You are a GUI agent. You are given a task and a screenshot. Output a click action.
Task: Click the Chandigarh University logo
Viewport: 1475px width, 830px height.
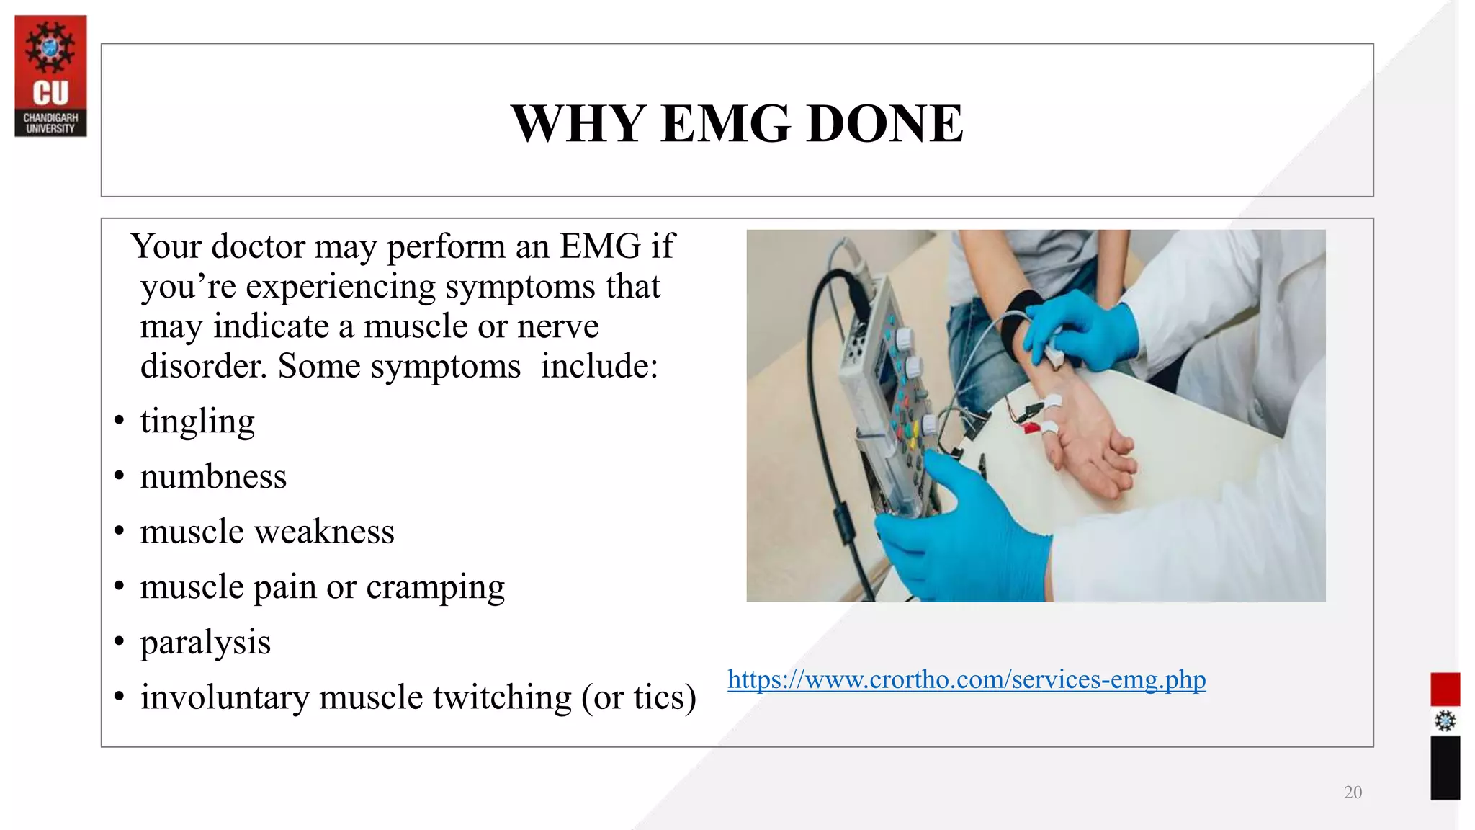pyautogui.click(x=50, y=76)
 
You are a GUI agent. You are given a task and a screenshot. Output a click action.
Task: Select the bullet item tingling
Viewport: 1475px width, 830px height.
pyautogui.click(x=197, y=421)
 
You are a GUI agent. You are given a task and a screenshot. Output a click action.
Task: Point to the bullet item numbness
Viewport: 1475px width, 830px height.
pyautogui.click(x=213, y=477)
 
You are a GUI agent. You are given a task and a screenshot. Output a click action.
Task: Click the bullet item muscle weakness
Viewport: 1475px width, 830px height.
pyautogui.click(x=266, y=532)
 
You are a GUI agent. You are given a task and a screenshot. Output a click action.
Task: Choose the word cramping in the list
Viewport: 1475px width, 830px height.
pyautogui.click(x=435, y=588)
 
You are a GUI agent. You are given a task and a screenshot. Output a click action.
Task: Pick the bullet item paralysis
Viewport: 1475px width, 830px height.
pyautogui.click(x=205, y=643)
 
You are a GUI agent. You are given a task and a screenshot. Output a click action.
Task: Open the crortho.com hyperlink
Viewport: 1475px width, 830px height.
pyautogui.click(x=966, y=679)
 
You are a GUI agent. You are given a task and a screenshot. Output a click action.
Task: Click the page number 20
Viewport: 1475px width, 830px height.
pyautogui.click(x=1353, y=793)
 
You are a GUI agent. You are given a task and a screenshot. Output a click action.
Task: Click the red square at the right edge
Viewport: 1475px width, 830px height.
pyautogui.click(x=1445, y=689)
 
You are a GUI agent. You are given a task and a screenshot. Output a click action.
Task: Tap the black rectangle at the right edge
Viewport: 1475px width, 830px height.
pyautogui.click(x=1445, y=767)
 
